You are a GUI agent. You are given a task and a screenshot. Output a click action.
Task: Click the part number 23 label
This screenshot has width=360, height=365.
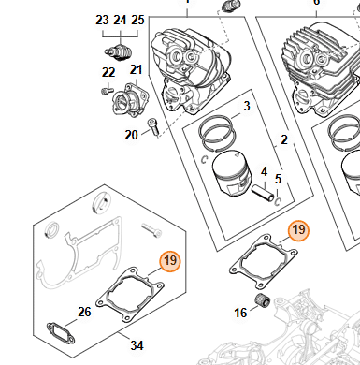click(x=102, y=20)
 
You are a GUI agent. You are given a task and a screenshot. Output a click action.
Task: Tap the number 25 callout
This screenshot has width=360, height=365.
click(x=137, y=20)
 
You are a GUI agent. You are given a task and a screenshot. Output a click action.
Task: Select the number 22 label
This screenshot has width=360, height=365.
click(x=108, y=72)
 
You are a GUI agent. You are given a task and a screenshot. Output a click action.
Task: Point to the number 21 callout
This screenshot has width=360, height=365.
click(x=136, y=70)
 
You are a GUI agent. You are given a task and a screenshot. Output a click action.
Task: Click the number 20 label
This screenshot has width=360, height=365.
click(x=131, y=135)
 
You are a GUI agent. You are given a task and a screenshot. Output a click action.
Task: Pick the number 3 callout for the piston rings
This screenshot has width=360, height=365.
click(x=247, y=106)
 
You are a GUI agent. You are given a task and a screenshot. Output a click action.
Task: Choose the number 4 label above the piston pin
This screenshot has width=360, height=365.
click(x=264, y=171)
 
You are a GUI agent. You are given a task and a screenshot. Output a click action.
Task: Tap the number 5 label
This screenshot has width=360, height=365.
click(x=278, y=179)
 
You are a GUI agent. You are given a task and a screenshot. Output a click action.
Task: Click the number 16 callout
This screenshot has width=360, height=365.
click(x=240, y=313)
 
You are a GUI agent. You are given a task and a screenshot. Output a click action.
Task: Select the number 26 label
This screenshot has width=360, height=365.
click(x=84, y=312)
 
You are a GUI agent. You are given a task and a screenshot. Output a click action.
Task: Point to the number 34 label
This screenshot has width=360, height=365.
click(x=137, y=345)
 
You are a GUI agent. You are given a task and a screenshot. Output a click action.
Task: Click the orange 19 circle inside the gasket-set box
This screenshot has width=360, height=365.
click(x=170, y=260)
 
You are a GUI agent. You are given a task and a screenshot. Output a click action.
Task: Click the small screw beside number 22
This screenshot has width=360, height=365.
click(x=107, y=91)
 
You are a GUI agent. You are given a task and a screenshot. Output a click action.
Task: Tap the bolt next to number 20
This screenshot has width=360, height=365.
click(x=153, y=127)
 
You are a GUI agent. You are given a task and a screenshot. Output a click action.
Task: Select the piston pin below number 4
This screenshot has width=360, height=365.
click(x=263, y=193)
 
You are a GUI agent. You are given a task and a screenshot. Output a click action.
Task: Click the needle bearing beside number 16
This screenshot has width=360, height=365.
click(x=263, y=300)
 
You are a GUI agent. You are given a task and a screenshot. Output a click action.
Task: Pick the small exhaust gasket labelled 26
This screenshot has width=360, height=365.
click(x=61, y=333)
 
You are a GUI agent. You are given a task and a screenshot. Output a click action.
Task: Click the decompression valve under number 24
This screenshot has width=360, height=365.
click(x=120, y=51)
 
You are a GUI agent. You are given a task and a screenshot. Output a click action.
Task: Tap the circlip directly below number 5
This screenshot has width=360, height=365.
click(x=278, y=202)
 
